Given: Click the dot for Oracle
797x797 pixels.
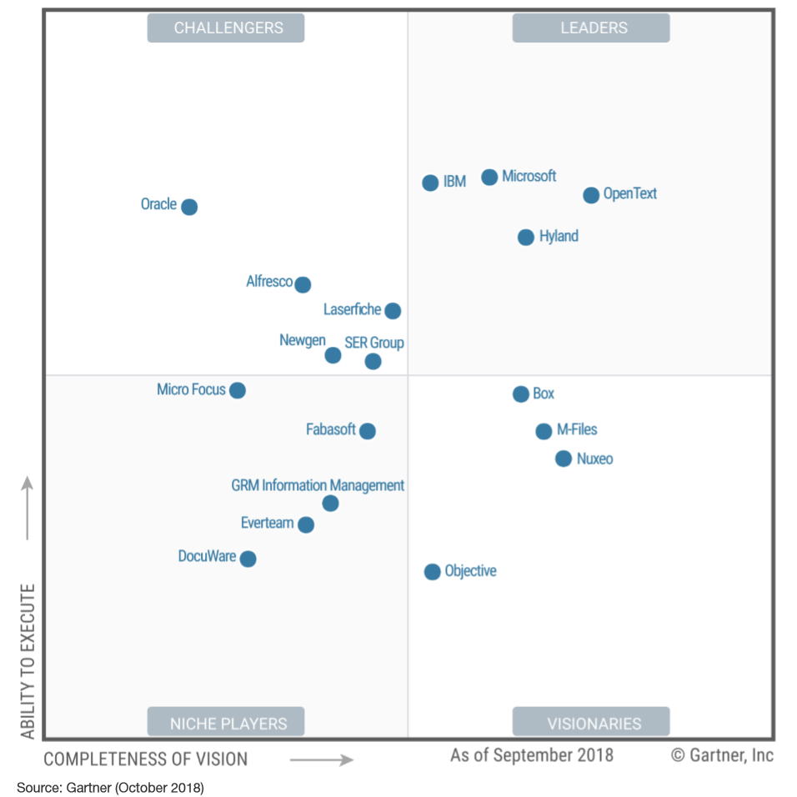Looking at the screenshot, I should (x=189, y=207).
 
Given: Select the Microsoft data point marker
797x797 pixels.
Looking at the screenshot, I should (x=489, y=177).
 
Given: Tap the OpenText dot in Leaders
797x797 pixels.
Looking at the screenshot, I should (x=591, y=195).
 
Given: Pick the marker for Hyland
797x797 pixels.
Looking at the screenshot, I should (x=526, y=237).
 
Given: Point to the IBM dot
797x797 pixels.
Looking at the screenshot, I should (x=430, y=183).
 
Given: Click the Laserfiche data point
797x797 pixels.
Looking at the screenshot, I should (x=393, y=311).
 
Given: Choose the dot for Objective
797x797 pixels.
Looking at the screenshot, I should (x=432, y=571).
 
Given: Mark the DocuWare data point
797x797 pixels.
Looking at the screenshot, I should (x=248, y=559).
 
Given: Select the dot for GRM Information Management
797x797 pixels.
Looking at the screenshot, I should (x=330, y=503).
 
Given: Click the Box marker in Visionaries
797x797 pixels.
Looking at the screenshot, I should (x=521, y=394).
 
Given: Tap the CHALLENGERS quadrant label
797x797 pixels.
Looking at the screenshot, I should (x=226, y=28).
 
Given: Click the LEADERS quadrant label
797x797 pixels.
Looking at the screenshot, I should (x=591, y=28).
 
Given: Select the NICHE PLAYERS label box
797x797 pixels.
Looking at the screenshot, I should (x=226, y=722).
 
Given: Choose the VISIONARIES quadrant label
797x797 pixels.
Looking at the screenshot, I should (x=591, y=722).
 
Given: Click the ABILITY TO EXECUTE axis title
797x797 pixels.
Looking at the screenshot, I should (x=28, y=660).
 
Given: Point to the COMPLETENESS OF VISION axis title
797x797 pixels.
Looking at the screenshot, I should (x=146, y=759).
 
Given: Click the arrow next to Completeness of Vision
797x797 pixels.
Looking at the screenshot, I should (x=322, y=759).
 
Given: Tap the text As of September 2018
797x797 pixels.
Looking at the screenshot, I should (x=532, y=755).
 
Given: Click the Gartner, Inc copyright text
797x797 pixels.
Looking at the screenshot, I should (x=722, y=755).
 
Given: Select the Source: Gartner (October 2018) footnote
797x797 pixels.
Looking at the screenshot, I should (x=110, y=787).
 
